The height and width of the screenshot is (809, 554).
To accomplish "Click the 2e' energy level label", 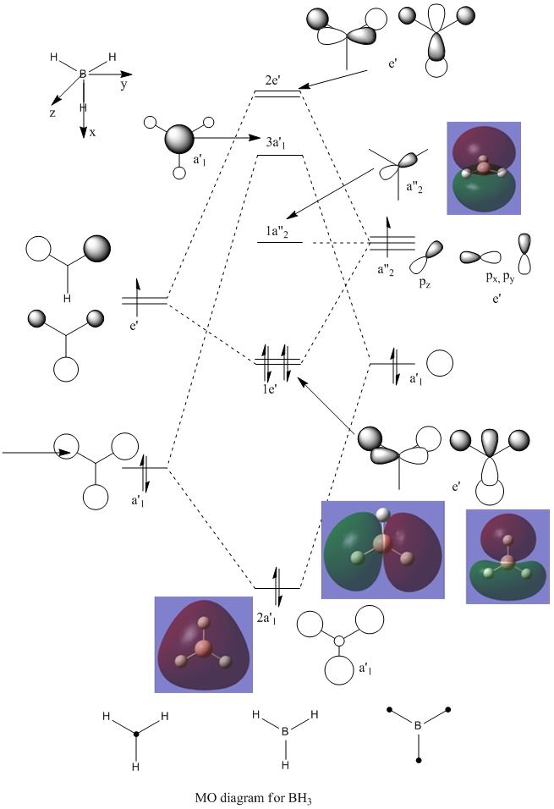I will (x=277, y=80).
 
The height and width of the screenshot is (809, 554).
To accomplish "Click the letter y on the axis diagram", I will (x=123, y=85).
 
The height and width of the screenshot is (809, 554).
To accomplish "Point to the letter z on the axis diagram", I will (x=52, y=112).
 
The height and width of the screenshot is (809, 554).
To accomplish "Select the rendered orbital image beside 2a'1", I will (x=204, y=644).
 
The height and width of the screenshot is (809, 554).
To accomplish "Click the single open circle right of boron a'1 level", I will (x=439, y=364).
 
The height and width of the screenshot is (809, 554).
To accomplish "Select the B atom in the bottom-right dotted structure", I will (x=418, y=725).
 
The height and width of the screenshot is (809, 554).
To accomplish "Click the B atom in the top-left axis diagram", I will (x=83, y=74).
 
